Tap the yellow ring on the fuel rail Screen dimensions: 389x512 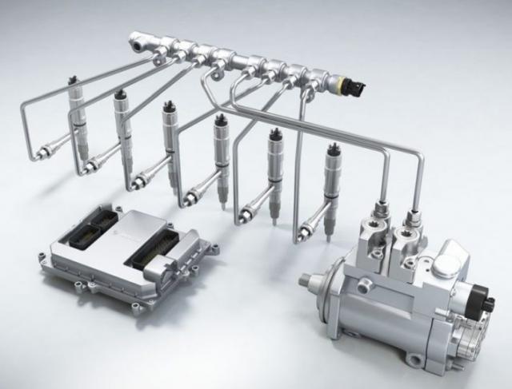tap(340, 82)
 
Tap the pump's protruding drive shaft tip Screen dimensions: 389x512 tap(304, 281)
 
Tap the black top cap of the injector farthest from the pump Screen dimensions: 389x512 tap(74, 79)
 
